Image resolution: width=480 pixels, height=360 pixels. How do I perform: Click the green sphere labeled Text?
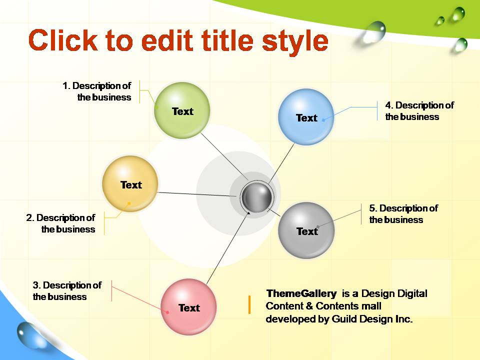(182, 110)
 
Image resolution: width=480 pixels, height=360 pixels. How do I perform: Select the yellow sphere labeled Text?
(130, 183)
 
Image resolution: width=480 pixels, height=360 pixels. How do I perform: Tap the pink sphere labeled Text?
(188, 306)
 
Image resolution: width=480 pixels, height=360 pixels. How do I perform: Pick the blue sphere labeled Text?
(306, 117)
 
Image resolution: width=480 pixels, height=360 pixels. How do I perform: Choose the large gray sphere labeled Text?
(306, 230)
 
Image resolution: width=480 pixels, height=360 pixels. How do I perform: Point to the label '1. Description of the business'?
(96, 91)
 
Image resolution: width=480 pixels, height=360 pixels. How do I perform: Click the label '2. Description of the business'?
(60, 223)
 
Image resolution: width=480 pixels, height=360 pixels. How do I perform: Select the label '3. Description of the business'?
(67, 291)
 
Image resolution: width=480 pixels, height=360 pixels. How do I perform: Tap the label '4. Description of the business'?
(419, 111)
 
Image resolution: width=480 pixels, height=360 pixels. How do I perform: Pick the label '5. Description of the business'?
(403, 213)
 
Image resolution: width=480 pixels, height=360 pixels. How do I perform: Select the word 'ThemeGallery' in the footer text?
(301, 293)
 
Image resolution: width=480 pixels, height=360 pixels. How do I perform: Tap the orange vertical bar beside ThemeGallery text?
(249, 304)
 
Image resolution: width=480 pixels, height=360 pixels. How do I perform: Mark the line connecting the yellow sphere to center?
(197, 194)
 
